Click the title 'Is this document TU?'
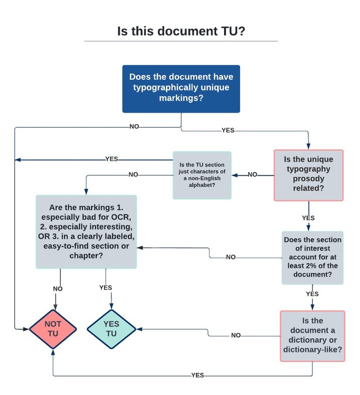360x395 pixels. (181, 31)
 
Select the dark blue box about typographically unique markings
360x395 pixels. (181, 89)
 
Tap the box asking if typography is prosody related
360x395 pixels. (308, 175)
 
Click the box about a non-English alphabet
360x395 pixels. (202, 175)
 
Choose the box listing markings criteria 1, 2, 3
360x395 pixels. (86, 231)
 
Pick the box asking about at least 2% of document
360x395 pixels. (312, 257)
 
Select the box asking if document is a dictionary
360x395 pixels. (312, 335)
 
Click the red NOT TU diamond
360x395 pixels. (53, 329)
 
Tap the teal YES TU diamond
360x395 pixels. (111, 329)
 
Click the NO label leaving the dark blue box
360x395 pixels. (134, 126)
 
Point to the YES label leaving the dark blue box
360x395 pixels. (228, 130)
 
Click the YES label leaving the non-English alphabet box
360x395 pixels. (111, 159)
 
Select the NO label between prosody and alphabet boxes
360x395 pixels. (252, 175)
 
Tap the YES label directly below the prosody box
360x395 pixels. (308, 218)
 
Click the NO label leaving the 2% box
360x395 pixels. (231, 257)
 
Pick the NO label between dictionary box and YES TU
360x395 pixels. (236, 335)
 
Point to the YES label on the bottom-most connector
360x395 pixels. (198, 375)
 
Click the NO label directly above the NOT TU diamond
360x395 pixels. (58, 289)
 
